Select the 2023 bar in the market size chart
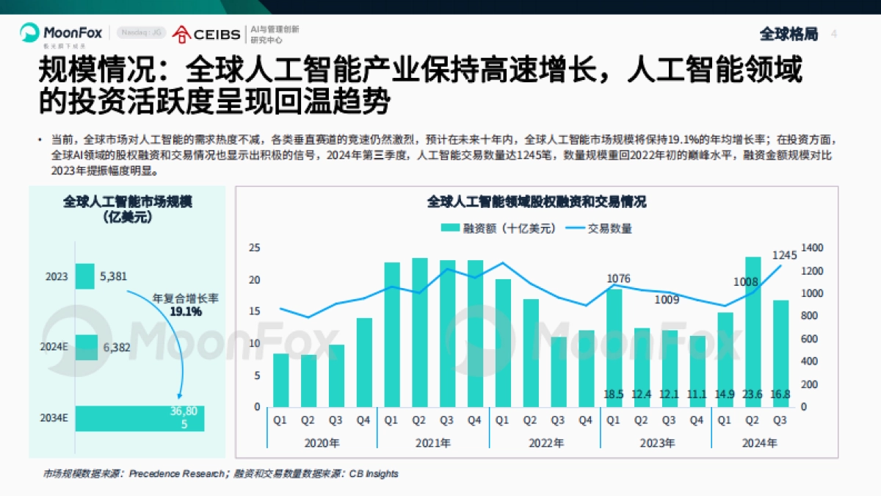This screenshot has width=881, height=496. pyautogui.click(x=84, y=276)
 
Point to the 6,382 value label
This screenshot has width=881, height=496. pyautogui.click(x=115, y=348)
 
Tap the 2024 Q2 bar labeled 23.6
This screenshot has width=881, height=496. pyautogui.click(x=753, y=331)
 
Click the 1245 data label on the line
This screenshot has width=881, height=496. pyautogui.click(x=784, y=255)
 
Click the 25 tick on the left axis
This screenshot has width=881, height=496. pyautogui.click(x=254, y=248)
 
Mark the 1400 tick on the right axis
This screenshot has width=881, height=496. pyautogui.click(x=813, y=248)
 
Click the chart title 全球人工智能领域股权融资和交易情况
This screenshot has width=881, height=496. pyautogui.click(x=537, y=201)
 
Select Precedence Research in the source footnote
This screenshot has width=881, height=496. pyautogui.click(x=176, y=474)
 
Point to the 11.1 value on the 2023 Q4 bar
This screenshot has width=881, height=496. pyautogui.click(x=696, y=395)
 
